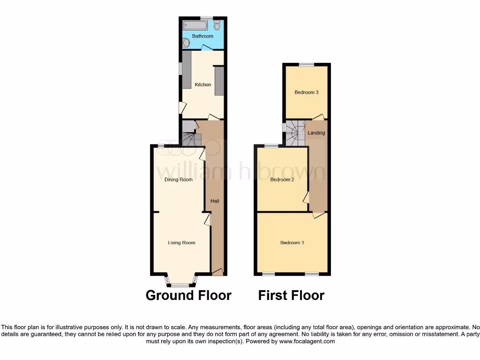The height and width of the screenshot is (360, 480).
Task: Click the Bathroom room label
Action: point(202,36)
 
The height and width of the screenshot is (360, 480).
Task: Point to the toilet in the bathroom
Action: point(217,25)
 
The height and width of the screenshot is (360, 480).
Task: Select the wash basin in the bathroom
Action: point(186,43)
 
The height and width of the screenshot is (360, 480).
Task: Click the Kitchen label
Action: point(203,85)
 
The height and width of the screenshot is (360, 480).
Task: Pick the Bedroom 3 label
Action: point(307,92)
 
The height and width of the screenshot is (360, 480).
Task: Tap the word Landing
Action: point(316,133)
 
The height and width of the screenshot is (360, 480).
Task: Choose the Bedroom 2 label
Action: point(282,180)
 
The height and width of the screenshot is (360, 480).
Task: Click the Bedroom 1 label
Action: point(292,242)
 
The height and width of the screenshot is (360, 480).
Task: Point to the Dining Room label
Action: point(178,180)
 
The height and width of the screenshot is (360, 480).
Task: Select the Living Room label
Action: point(181,242)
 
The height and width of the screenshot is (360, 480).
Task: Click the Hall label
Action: point(215,201)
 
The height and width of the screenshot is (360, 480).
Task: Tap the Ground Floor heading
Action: point(188,295)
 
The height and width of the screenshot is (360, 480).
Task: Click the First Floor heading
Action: point(291,295)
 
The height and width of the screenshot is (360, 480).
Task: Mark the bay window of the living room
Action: point(181,283)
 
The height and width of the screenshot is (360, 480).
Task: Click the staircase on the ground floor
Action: point(190,139)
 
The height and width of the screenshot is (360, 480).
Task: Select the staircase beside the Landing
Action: point(295,132)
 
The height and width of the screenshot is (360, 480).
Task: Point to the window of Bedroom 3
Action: point(307,64)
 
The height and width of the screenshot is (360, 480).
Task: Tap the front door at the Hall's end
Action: point(217,271)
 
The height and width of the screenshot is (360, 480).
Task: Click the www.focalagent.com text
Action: point(307,342)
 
